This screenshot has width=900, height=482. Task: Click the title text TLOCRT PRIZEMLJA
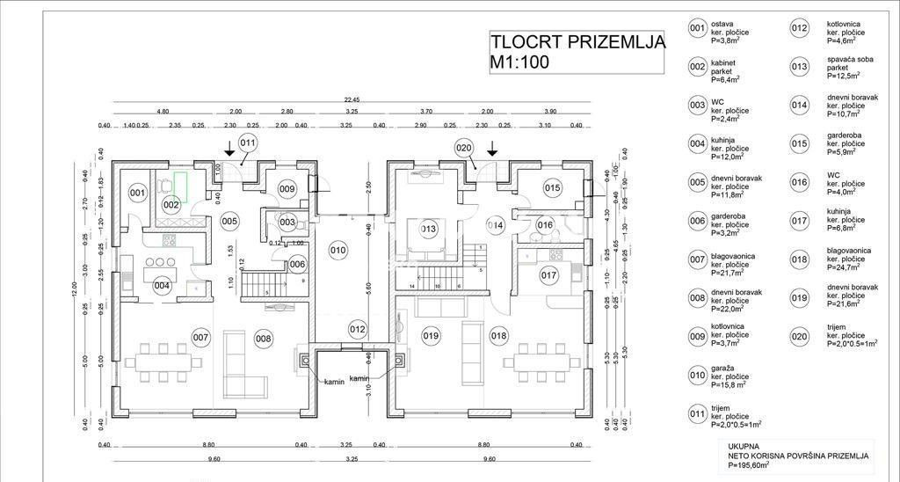pyautogui.click(x=577, y=41)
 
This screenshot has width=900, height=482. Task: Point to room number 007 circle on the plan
pyautogui.click(x=200, y=337)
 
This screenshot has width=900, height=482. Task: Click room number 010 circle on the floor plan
pyautogui.click(x=338, y=251)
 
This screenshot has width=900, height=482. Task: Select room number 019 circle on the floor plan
pyautogui.click(x=431, y=335)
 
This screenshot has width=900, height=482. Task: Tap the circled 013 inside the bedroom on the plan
pyautogui.click(x=428, y=230)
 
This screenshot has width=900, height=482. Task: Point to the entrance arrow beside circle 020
pyautogui.click(x=492, y=150)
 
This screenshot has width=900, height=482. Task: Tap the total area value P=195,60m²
pyautogui.click(x=746, y=467)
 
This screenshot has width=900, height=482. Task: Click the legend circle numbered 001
pyautogui.click(x=697, y=28)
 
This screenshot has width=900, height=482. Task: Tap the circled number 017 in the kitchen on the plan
pyautogui.click(x=548, y=274)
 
